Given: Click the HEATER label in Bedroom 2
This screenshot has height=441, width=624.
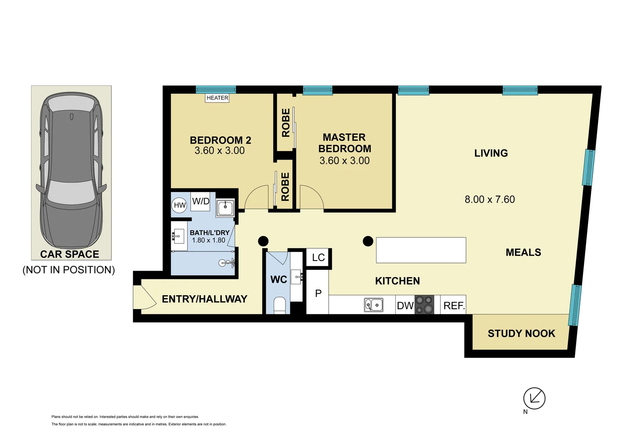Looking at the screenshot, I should click(217, 98).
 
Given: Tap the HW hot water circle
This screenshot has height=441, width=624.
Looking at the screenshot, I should click(180, 205).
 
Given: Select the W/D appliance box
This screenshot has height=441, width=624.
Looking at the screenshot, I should click(201, 201).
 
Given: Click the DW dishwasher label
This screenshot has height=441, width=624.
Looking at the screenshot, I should click(405, 305).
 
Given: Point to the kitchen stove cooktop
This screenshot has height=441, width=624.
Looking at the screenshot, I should click(424, 305).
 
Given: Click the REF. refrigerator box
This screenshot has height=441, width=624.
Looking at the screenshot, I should click(454, 305).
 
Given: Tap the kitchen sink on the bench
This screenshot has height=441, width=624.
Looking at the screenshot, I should click(374, 305).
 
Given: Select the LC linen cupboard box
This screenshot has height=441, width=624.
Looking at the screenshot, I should click(318, 257).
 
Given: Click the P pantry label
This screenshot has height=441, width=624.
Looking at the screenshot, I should click(318, 293).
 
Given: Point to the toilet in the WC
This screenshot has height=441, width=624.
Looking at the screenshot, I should click(280, 305).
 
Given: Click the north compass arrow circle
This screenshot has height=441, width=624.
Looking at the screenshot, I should click(534, 398).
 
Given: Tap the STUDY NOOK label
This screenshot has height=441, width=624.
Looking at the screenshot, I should click(521, 334).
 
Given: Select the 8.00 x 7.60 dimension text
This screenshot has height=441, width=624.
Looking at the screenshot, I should click(489, 199).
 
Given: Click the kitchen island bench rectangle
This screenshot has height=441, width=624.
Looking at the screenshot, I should click(421, 250).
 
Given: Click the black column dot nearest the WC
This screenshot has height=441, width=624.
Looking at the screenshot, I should click(263, 241).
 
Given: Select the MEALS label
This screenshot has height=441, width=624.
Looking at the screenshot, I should click(523, 252).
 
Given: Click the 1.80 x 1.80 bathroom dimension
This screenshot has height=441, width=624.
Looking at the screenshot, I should click(209, 240).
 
